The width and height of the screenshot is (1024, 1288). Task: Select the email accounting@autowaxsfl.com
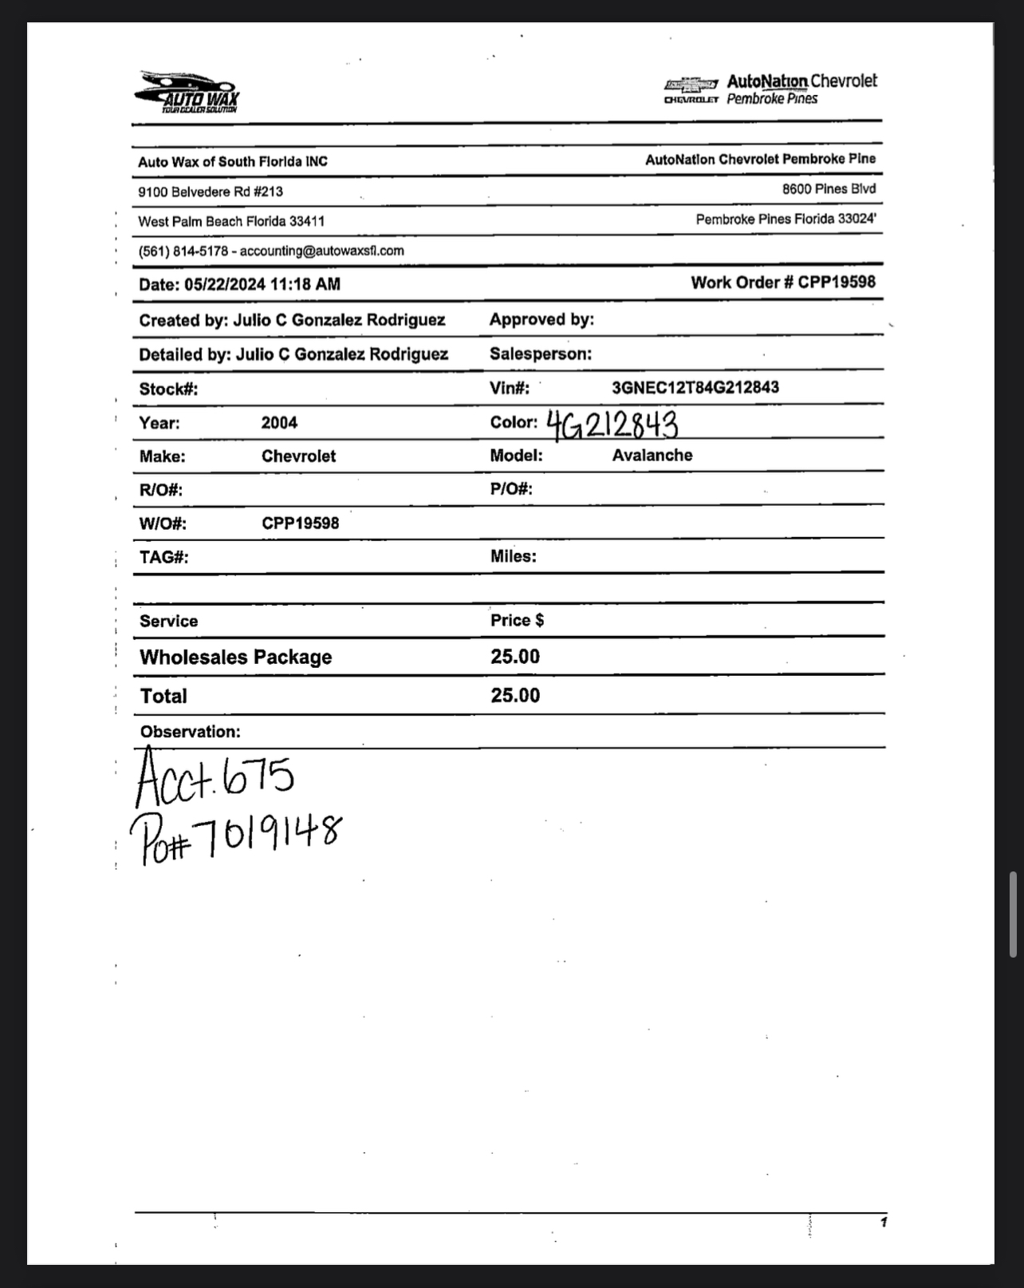pyautogui.click(x=321, y=251)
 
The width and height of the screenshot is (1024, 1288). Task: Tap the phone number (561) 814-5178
pyautogui.click(x=183, y=251)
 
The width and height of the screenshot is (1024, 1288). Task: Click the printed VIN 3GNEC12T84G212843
pyautogui.click(x=695, y=388)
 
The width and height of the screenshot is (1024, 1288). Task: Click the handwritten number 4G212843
pyautogui.click(x=612, y=425)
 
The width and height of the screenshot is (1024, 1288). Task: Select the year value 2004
pyautogui.click(x=279, y=423)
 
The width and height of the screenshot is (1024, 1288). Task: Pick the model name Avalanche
pyautogui.click(x=652, y=456)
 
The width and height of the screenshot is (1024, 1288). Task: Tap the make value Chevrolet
pyautogui.click(x=298, y=456)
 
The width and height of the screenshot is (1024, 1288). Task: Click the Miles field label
pyautogui.click(x=513, y=557)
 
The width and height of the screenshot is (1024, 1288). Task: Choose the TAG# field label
pyautogui.click(x=163, y=557)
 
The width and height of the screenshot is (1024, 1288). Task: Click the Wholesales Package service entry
pyautogui.click(x=235, y=658)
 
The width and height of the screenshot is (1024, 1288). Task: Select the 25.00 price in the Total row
pyautogui.click(x=515, y=696)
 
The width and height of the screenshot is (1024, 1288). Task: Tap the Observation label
pyautogui.click(x=190, y=732)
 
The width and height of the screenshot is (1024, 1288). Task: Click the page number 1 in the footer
pyautogui.click(x=883, y=1222)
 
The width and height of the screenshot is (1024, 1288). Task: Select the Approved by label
pyautogui.click(x=542, y=320)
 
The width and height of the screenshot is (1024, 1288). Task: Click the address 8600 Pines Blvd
pyautogui.click(x=829, y=189)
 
